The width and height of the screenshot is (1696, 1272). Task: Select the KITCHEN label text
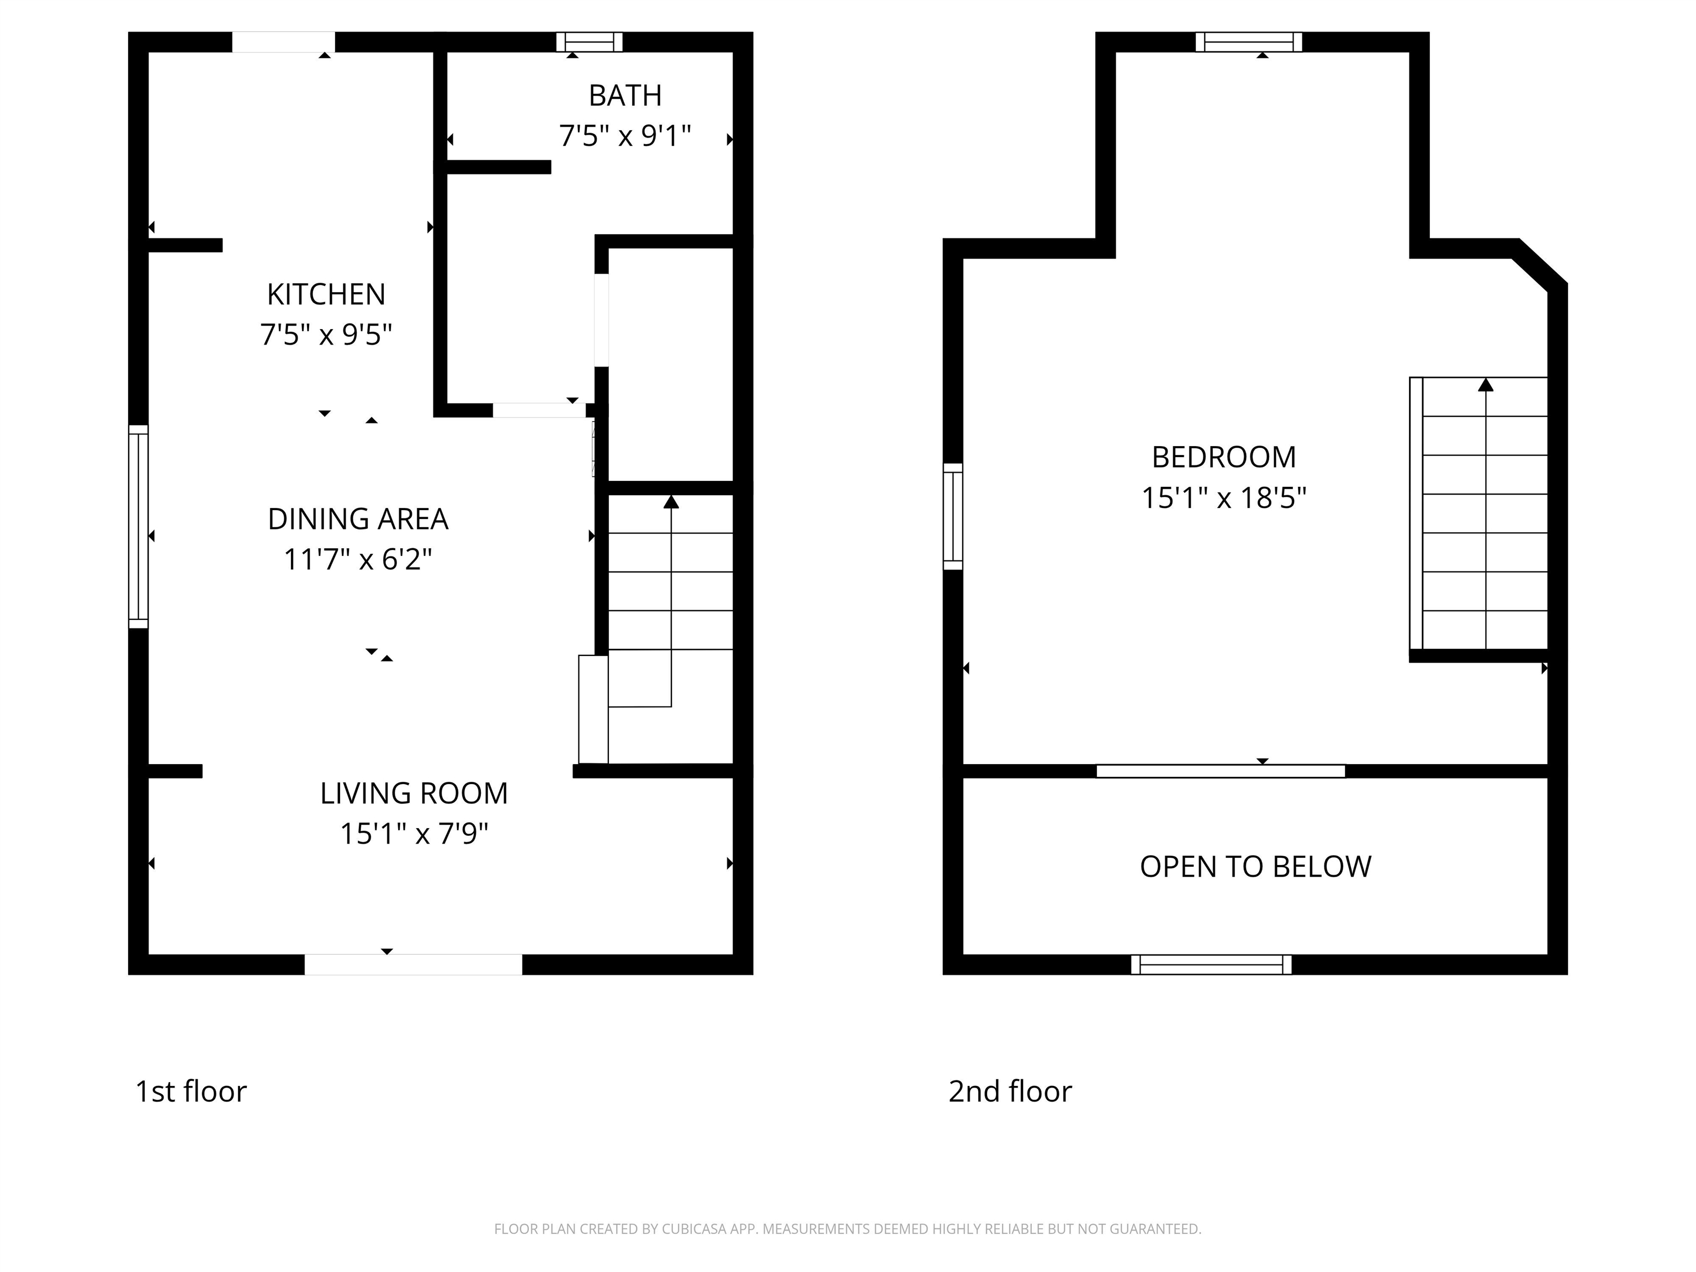tap(326, 294)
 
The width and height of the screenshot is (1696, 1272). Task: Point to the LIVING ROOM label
tap(414, 793)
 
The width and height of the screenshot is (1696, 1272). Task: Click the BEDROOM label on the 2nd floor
tap(1224, 458)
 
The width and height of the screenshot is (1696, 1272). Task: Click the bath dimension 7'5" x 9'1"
tap(625, 136)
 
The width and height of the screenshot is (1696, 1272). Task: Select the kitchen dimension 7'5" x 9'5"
tap(326, 335)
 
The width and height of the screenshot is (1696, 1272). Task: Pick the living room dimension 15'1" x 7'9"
tap(414, 834)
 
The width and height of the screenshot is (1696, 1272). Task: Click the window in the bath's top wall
tap(589, 41)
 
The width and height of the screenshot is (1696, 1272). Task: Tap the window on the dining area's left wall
tap(138, 527)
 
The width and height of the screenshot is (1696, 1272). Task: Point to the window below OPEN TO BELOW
tap(1211, 964)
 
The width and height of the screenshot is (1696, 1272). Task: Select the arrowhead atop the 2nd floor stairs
tap(1486, 385)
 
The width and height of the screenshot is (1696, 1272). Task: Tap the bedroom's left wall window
tap(952, 517)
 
